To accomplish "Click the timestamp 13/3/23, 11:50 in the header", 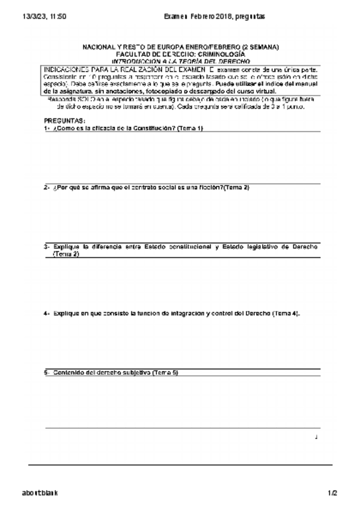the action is click(44, 16).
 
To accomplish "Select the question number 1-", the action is click(47, 128).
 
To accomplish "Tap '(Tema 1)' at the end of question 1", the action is click(191, 128).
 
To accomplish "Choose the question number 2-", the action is click(47, 188).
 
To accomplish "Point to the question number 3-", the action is click(47, 247).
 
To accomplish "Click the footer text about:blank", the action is click(40, 493).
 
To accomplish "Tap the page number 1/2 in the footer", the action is click(332, 493).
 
